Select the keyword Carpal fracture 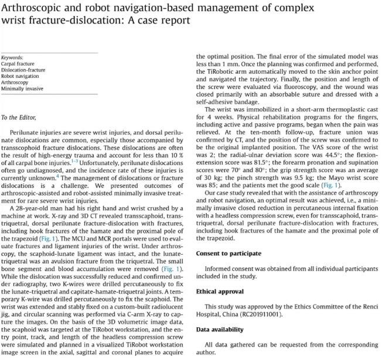pos(18,63)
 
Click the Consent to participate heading pos(229,253)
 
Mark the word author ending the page pos(205,354)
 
